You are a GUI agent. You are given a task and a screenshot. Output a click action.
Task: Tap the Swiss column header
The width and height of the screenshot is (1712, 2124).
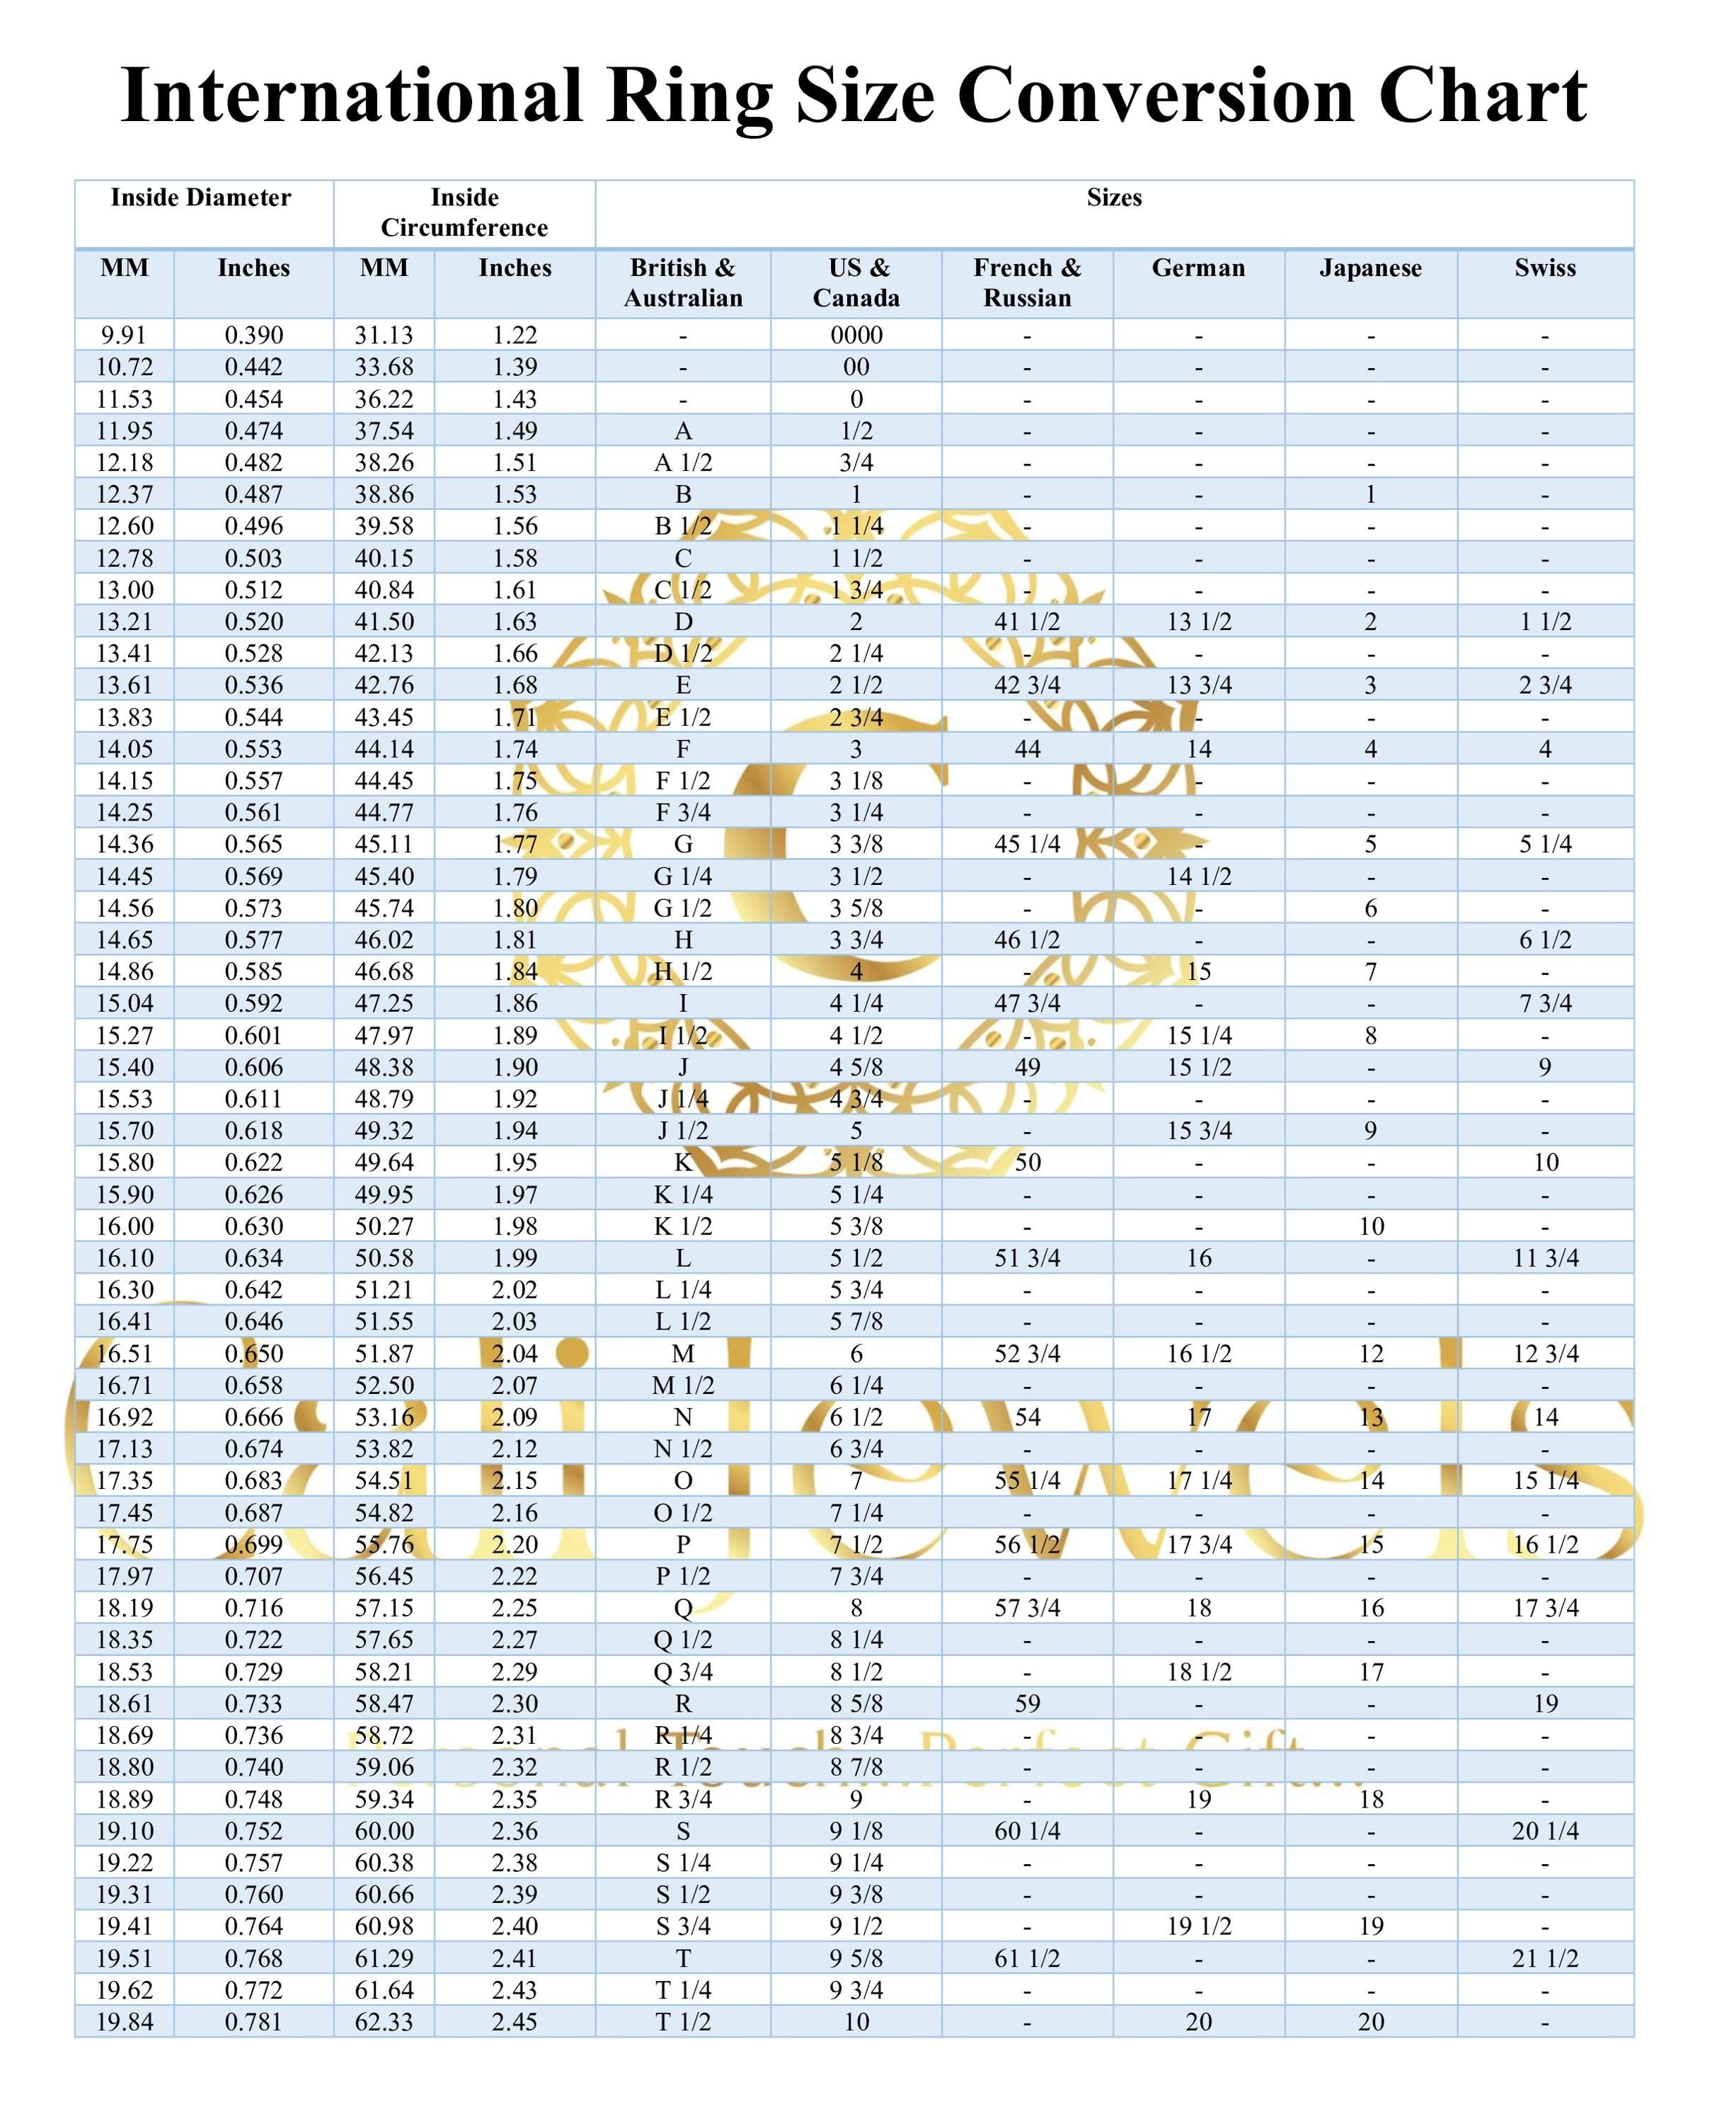(x=1544, y=268)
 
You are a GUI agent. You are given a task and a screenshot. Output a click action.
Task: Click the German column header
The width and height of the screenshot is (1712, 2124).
(x=1198, y=268)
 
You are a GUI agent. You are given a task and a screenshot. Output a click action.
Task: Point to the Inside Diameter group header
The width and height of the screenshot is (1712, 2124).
(x=200, y=198)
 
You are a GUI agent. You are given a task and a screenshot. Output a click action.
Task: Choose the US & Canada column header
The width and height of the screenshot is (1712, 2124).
(x=856, y=283)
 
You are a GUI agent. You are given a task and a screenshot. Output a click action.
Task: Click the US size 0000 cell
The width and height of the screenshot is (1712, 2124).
(x=856, y=336)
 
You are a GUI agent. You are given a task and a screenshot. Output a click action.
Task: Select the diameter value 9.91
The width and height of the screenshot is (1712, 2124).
(x=125, y=336)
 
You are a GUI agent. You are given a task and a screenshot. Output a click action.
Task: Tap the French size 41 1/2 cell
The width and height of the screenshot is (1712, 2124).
(x=1027, y=622)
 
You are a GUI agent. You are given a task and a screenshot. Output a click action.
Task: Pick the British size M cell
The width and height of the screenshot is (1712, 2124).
(x=682, y=1354)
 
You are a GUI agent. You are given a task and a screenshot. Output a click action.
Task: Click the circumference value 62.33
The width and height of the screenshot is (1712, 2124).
(x=384, y=2022)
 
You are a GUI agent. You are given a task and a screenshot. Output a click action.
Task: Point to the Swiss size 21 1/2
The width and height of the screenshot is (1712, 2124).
(x=1544, y=1958)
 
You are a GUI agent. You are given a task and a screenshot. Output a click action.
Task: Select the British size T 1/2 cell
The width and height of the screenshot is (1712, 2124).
(x=682, y=2022)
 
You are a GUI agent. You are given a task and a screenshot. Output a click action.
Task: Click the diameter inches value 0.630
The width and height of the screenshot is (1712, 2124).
(x=253, y=1226)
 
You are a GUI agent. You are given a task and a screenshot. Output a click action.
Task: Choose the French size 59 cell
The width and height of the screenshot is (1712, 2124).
(x=1027, y=1703)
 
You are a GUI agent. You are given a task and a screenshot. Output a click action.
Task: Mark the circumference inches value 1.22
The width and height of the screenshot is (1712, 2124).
(x=515, y=336)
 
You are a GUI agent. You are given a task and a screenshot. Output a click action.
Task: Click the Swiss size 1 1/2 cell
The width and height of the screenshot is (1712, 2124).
(x=1544, y=622)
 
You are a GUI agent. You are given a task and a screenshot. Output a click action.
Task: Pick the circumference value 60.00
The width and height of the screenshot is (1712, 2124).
(x=384, y=1831)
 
